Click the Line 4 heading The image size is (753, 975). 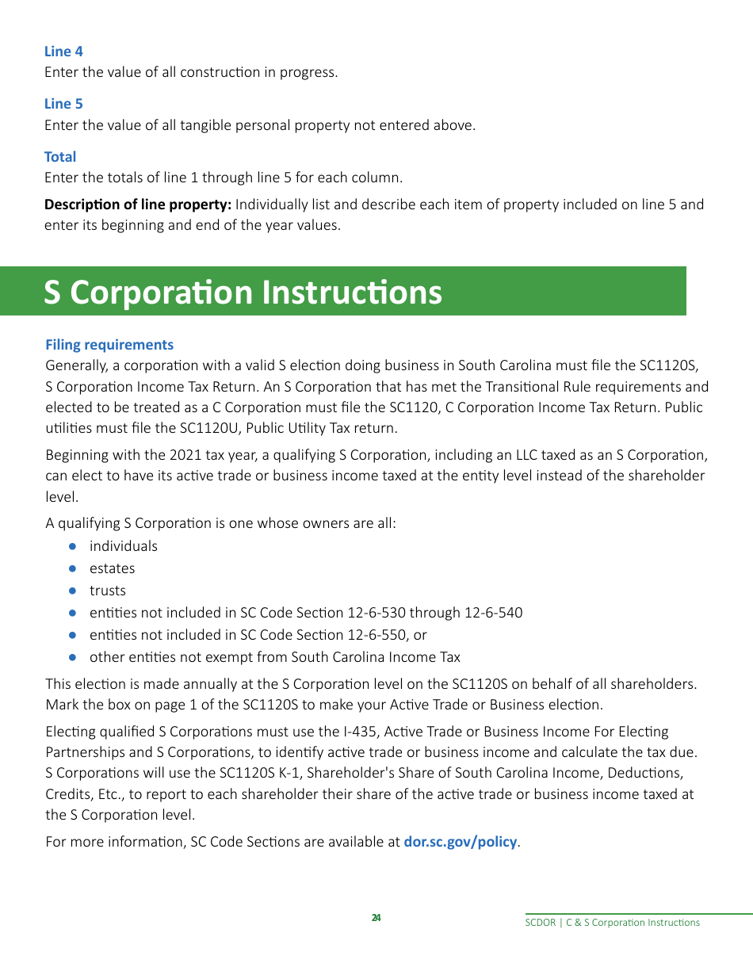(x=63, y=52)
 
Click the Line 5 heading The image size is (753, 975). (x=63, y=104)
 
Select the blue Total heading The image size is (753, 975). (x=60, y=157)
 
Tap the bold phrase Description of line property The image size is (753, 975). (x=138, y=205)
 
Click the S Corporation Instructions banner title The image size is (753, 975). (x=243, y=292)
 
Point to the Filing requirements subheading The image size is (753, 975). (x=109, y=345)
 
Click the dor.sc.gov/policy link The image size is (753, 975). (x=460, y=842)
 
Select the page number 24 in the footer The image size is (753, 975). (x=376, y=918)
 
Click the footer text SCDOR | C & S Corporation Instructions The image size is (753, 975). (x=612, y=923)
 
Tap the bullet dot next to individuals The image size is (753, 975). (x=72, y=546)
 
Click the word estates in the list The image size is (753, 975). (x=112, y=568)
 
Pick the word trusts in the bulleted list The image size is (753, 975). (x=107, y=591)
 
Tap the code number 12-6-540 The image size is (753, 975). (x=493, y=613)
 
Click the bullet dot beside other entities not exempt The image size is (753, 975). (x=72, y=657)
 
